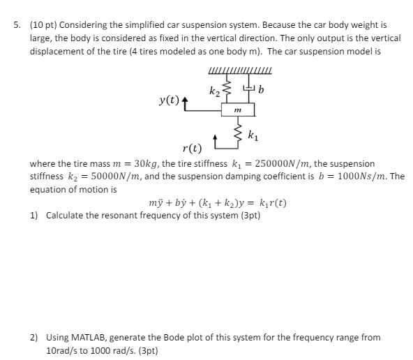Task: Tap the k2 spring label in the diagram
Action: (x=213, y=91)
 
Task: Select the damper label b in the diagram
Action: (x=261, y=89)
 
